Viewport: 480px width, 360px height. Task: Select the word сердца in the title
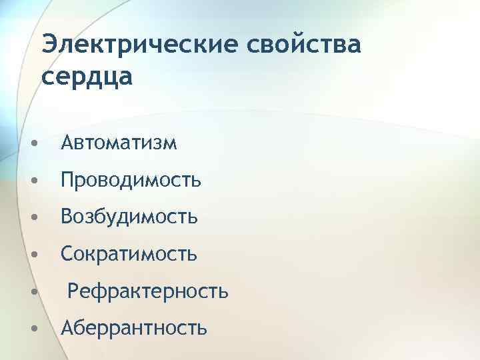[x=87, y=76]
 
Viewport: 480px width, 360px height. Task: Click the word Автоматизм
[x=119, y=143]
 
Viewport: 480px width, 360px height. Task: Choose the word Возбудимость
[x=129, y=217]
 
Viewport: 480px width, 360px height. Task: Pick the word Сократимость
[x=129, y=253]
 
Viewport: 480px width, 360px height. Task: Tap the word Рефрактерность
[x=148, y=291]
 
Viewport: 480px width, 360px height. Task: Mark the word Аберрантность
[x=134, y=327]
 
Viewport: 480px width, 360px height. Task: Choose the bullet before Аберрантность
[x=34, y=329]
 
